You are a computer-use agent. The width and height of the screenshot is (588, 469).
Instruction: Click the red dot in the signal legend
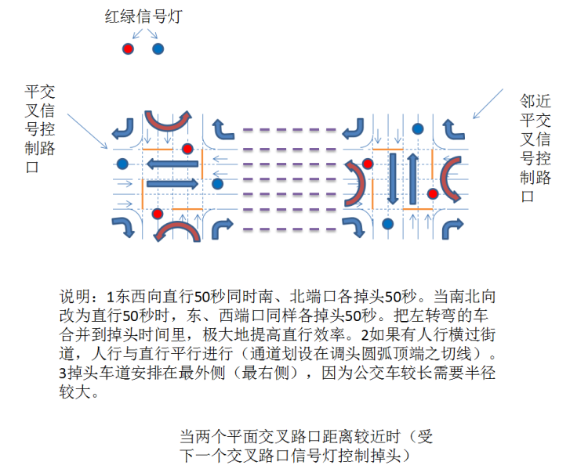coord(128,49)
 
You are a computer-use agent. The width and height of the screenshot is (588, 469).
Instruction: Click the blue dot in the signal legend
coord(158,49)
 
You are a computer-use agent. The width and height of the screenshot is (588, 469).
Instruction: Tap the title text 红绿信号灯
coord(143,16)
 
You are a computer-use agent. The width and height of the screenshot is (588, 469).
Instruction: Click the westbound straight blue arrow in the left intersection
coord(172,164)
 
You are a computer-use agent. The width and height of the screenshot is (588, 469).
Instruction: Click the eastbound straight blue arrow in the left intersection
coord(172,183)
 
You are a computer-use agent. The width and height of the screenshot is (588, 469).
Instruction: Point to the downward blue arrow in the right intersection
coord(393,179)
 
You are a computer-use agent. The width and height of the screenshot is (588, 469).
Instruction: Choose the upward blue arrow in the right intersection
coord(412,179)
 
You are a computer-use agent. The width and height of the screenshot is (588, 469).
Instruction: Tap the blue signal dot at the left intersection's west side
coord(122,164)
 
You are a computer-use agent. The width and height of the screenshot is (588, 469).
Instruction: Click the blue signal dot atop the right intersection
coord(418,129)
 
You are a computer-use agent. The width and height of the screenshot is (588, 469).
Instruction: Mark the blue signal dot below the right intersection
coord(387,224)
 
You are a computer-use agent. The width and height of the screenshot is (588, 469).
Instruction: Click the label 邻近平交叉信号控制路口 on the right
coord(535,148)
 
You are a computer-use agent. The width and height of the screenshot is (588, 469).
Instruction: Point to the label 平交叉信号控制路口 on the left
coord(40,129)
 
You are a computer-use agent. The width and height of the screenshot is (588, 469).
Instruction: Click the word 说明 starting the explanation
coord(75,297)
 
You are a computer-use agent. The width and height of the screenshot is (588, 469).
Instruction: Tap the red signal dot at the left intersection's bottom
coord(157,214)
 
